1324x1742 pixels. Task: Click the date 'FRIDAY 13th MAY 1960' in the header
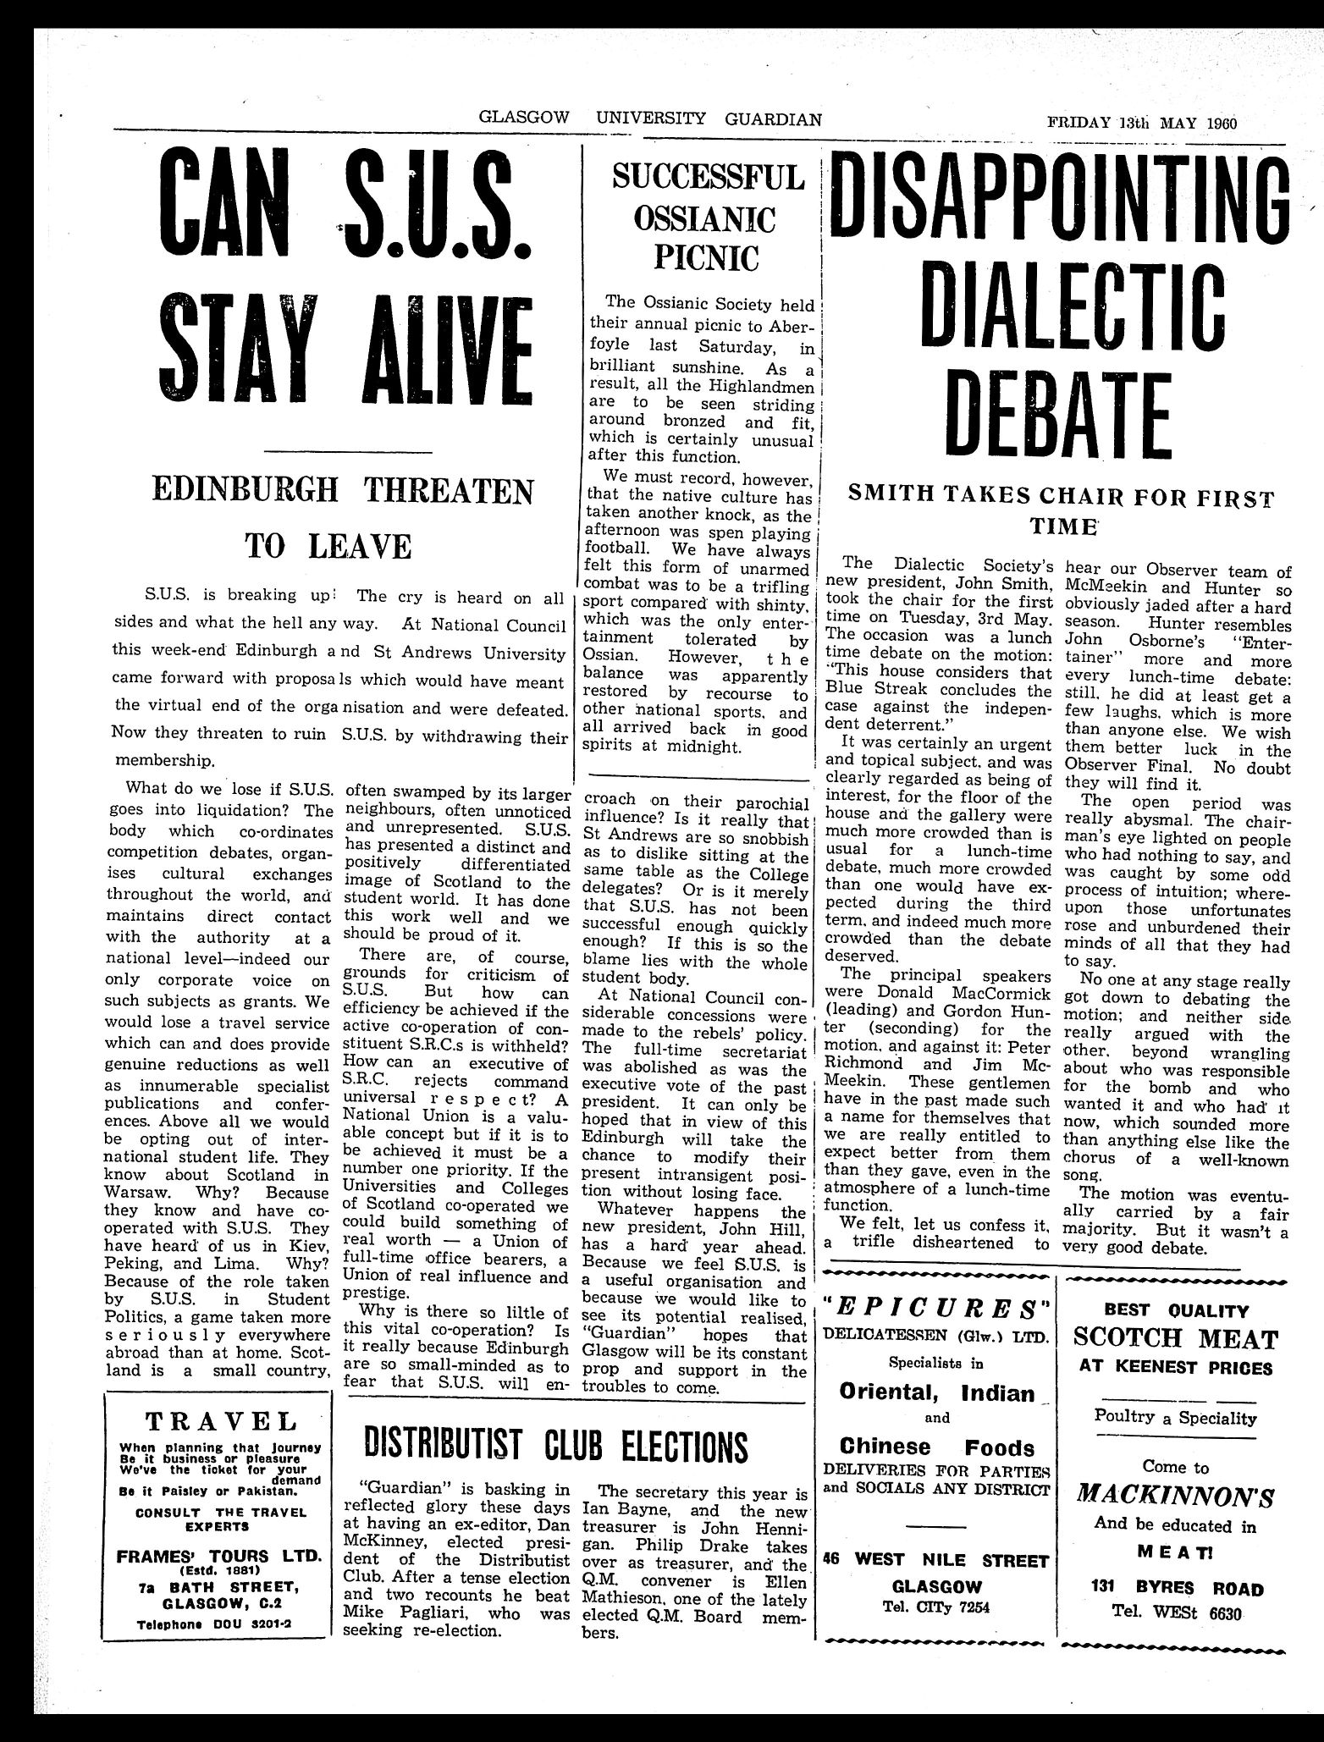[1141, 120]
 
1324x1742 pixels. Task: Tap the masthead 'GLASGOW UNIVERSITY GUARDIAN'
[650, 119]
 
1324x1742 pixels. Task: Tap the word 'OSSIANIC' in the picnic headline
[704, 219]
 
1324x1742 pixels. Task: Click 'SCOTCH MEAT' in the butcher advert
[1175, 1338]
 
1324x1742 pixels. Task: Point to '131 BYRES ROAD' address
[1175, 1589]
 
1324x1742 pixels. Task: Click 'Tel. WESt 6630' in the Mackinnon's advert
[1175, 1612]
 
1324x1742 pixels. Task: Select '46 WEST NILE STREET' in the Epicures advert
[937, 1559]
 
